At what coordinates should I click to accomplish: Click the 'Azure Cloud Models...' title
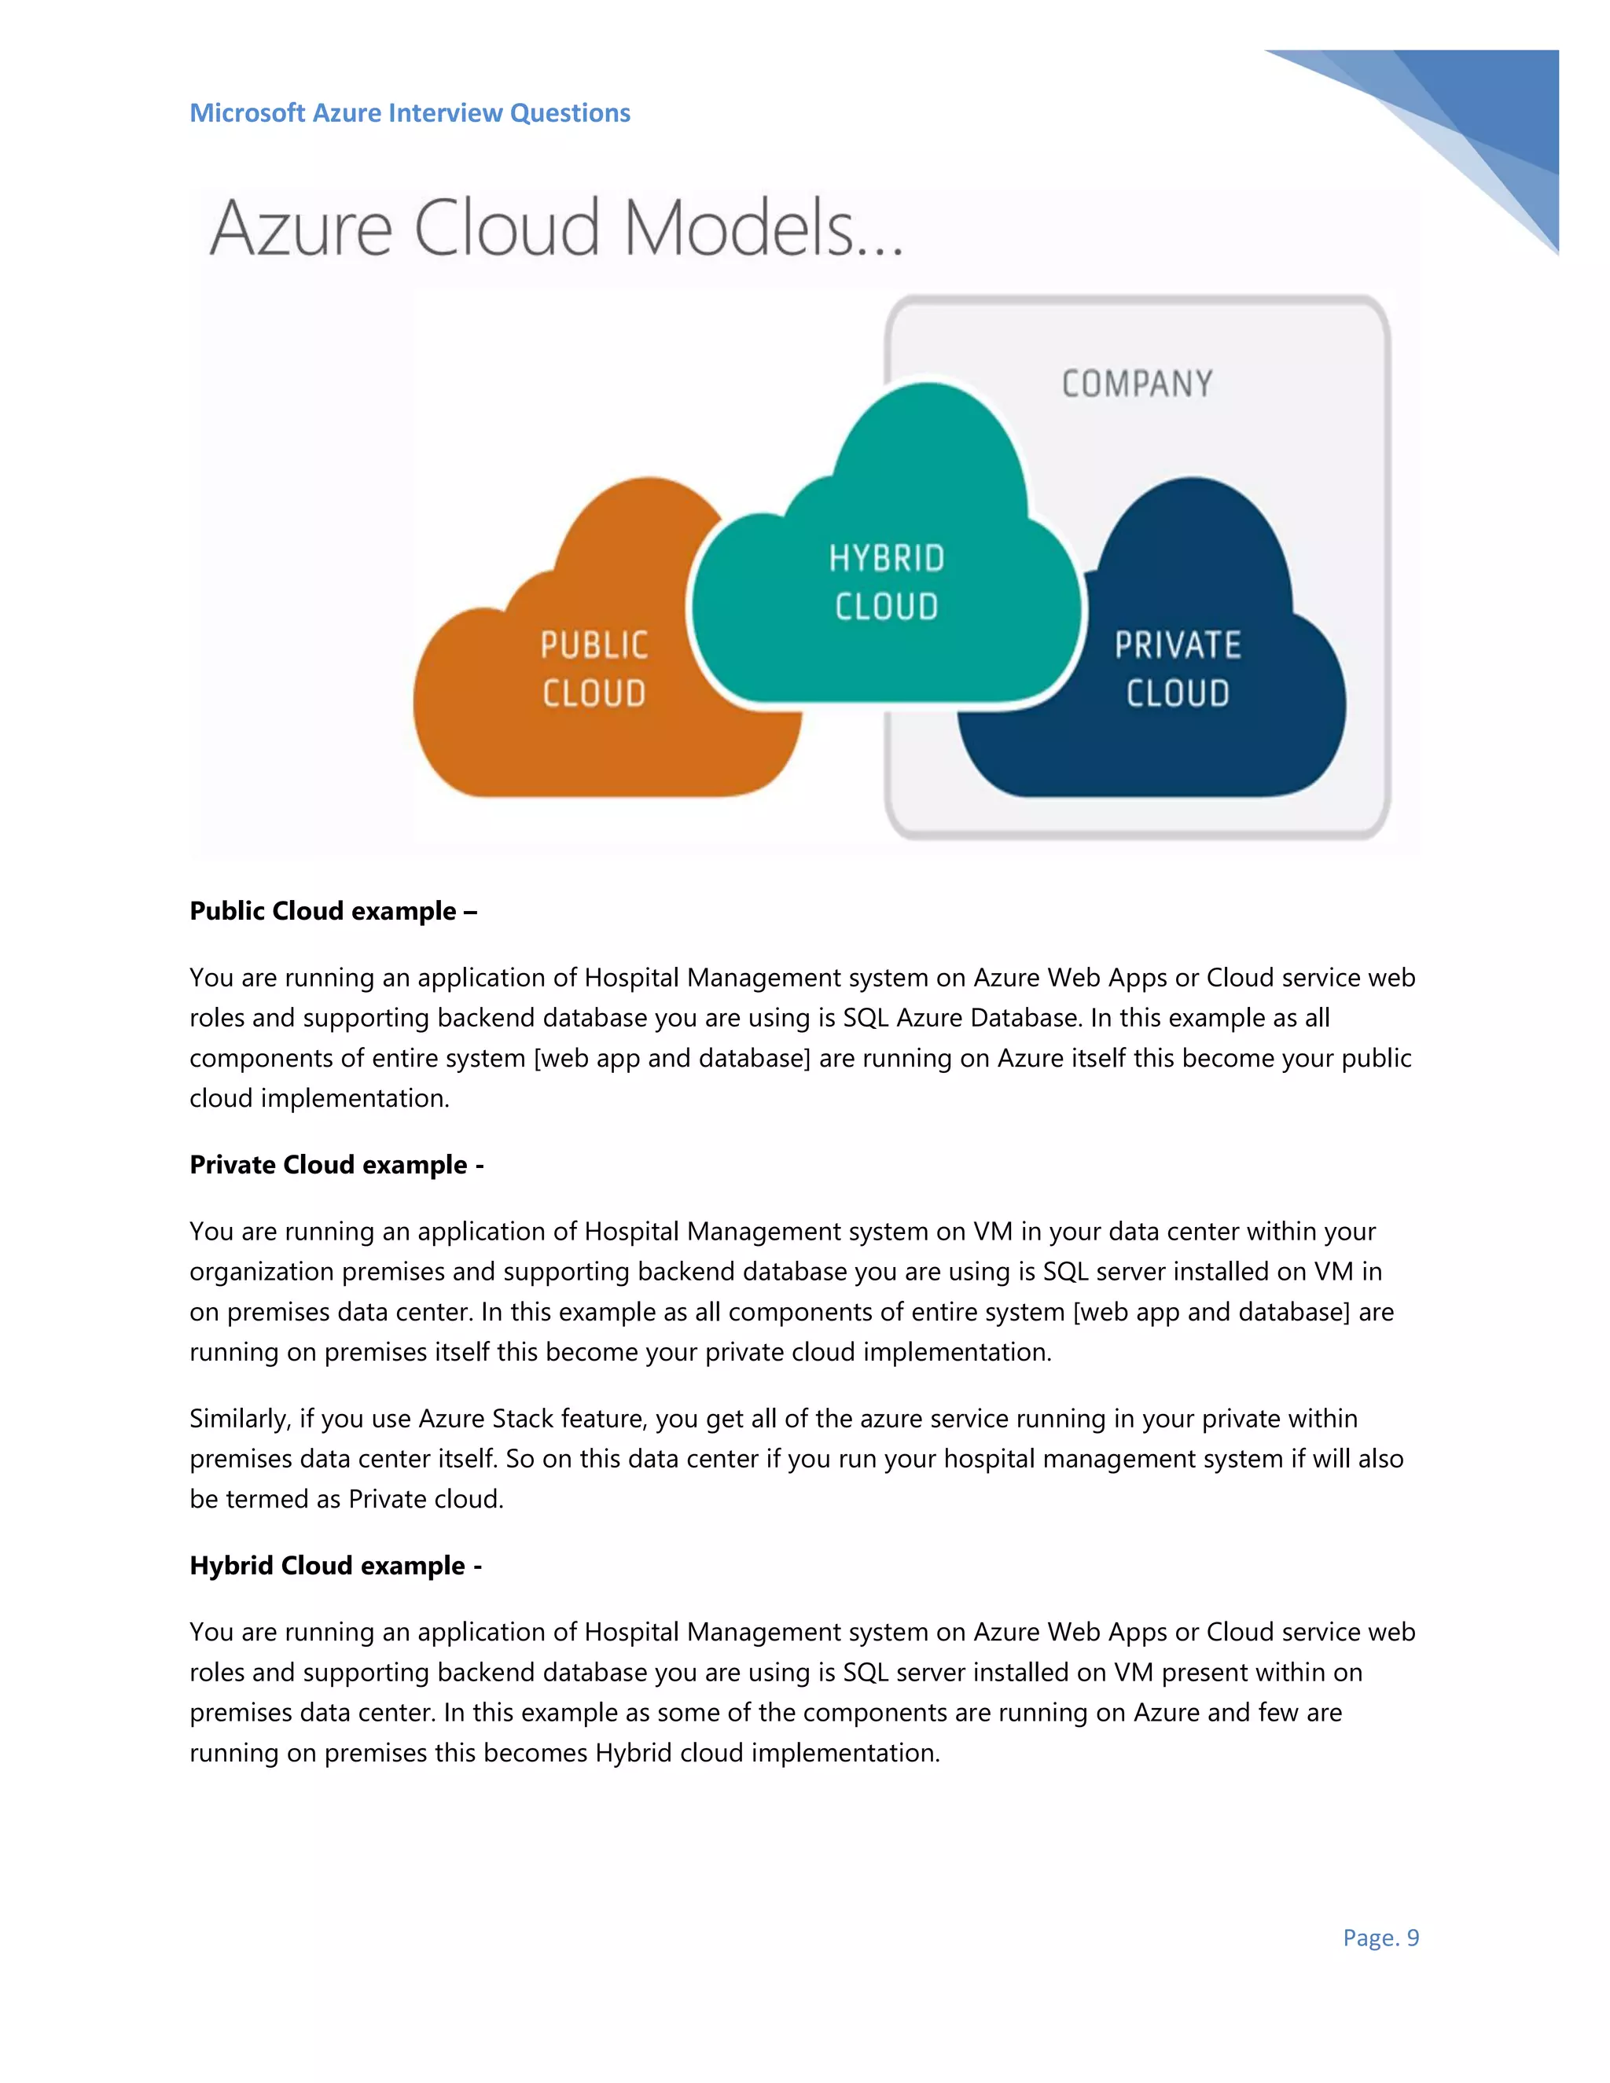556,229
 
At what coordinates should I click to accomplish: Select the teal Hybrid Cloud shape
887,477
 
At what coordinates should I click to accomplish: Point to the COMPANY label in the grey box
1137,384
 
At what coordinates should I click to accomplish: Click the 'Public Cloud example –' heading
333,911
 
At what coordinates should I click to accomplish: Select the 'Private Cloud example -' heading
336,1165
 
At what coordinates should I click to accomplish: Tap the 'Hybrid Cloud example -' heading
335,1565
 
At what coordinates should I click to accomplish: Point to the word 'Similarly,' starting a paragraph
241,1418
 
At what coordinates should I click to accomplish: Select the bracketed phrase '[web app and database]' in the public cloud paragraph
671,1058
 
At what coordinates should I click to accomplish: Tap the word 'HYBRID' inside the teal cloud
886,559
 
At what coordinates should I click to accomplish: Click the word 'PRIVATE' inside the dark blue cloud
1177,645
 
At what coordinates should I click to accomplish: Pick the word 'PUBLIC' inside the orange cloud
594,645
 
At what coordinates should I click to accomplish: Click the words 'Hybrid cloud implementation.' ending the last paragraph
766,1752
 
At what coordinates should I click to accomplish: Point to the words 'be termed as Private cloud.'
345,1498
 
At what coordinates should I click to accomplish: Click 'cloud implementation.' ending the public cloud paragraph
318,1098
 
